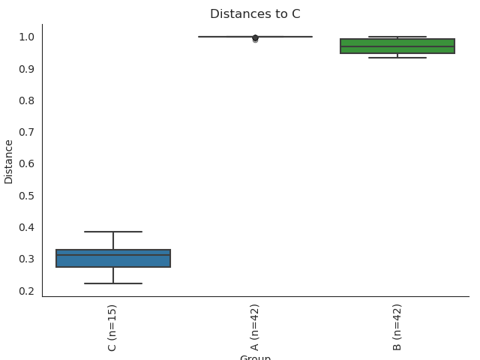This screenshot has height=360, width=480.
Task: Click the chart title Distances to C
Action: pyautogui.click(x=255, y=14)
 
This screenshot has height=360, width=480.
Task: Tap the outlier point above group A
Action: pyautogui.click(x=255, y=38)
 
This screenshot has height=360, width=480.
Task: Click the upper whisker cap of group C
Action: pyautogui.click(x=113, y=232)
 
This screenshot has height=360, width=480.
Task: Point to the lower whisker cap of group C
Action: pyautogui.click(x=113, y=283)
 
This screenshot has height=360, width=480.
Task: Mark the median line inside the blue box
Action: pyautogui.click(x=113, y=255)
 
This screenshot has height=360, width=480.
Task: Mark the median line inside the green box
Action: pyautogui.click(x=397, y=46)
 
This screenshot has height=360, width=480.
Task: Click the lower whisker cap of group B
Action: pyautogui.click(x=397, y=58)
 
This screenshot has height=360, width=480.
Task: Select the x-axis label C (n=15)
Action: pyautogui.click(x=112, y=327)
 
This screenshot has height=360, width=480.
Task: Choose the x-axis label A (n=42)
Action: pyautogui.click(x=255, y=327)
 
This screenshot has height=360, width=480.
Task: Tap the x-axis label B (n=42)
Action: pyautogui.click(x=397, y=327)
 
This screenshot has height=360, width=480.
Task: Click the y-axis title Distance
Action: pyautogui.click(x=9, y=161)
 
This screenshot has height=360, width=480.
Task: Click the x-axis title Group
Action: pyautogui.click(x=255, y=357)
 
